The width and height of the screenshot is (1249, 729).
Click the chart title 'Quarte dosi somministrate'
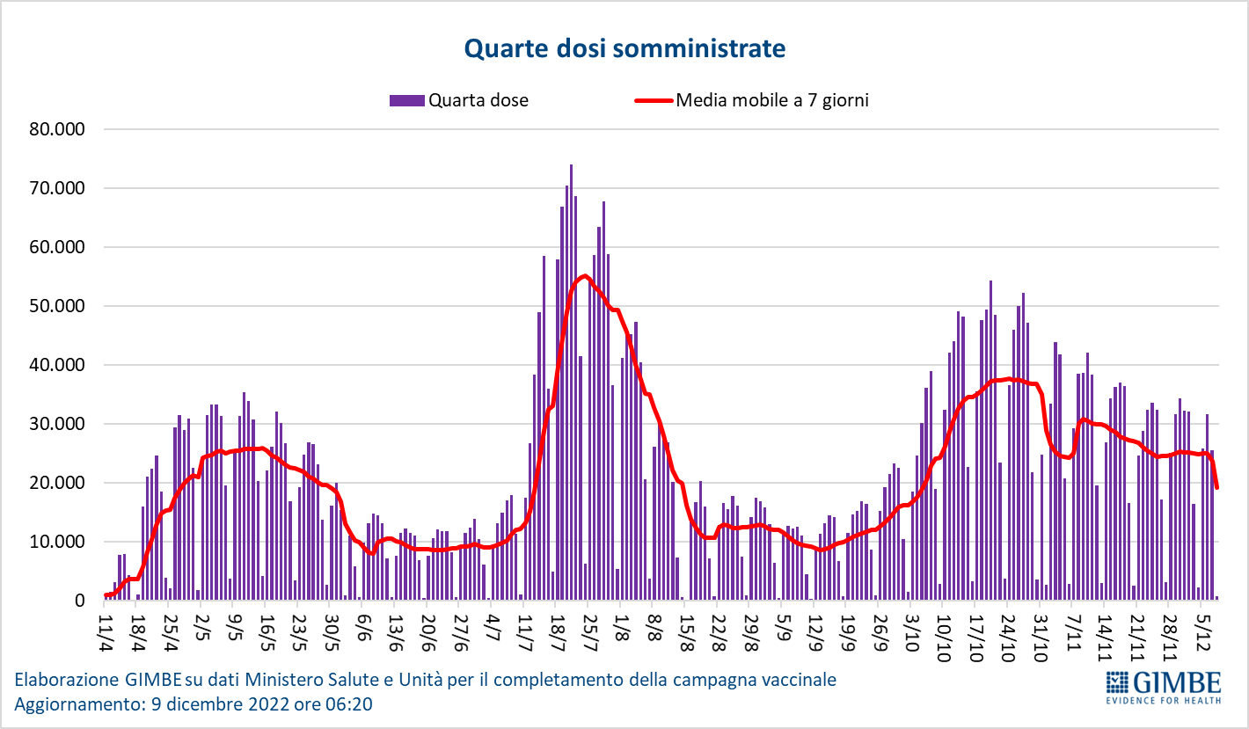(x=624, y=48)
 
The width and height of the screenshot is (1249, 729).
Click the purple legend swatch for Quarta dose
(x=406, y=100)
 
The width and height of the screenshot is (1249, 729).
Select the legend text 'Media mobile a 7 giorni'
(x=771, y=100)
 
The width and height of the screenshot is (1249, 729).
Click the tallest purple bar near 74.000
(x=571, y=378)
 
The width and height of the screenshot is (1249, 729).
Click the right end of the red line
(x=1216, y=487)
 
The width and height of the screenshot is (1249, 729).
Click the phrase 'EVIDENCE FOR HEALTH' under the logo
(x=1163, y=700)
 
